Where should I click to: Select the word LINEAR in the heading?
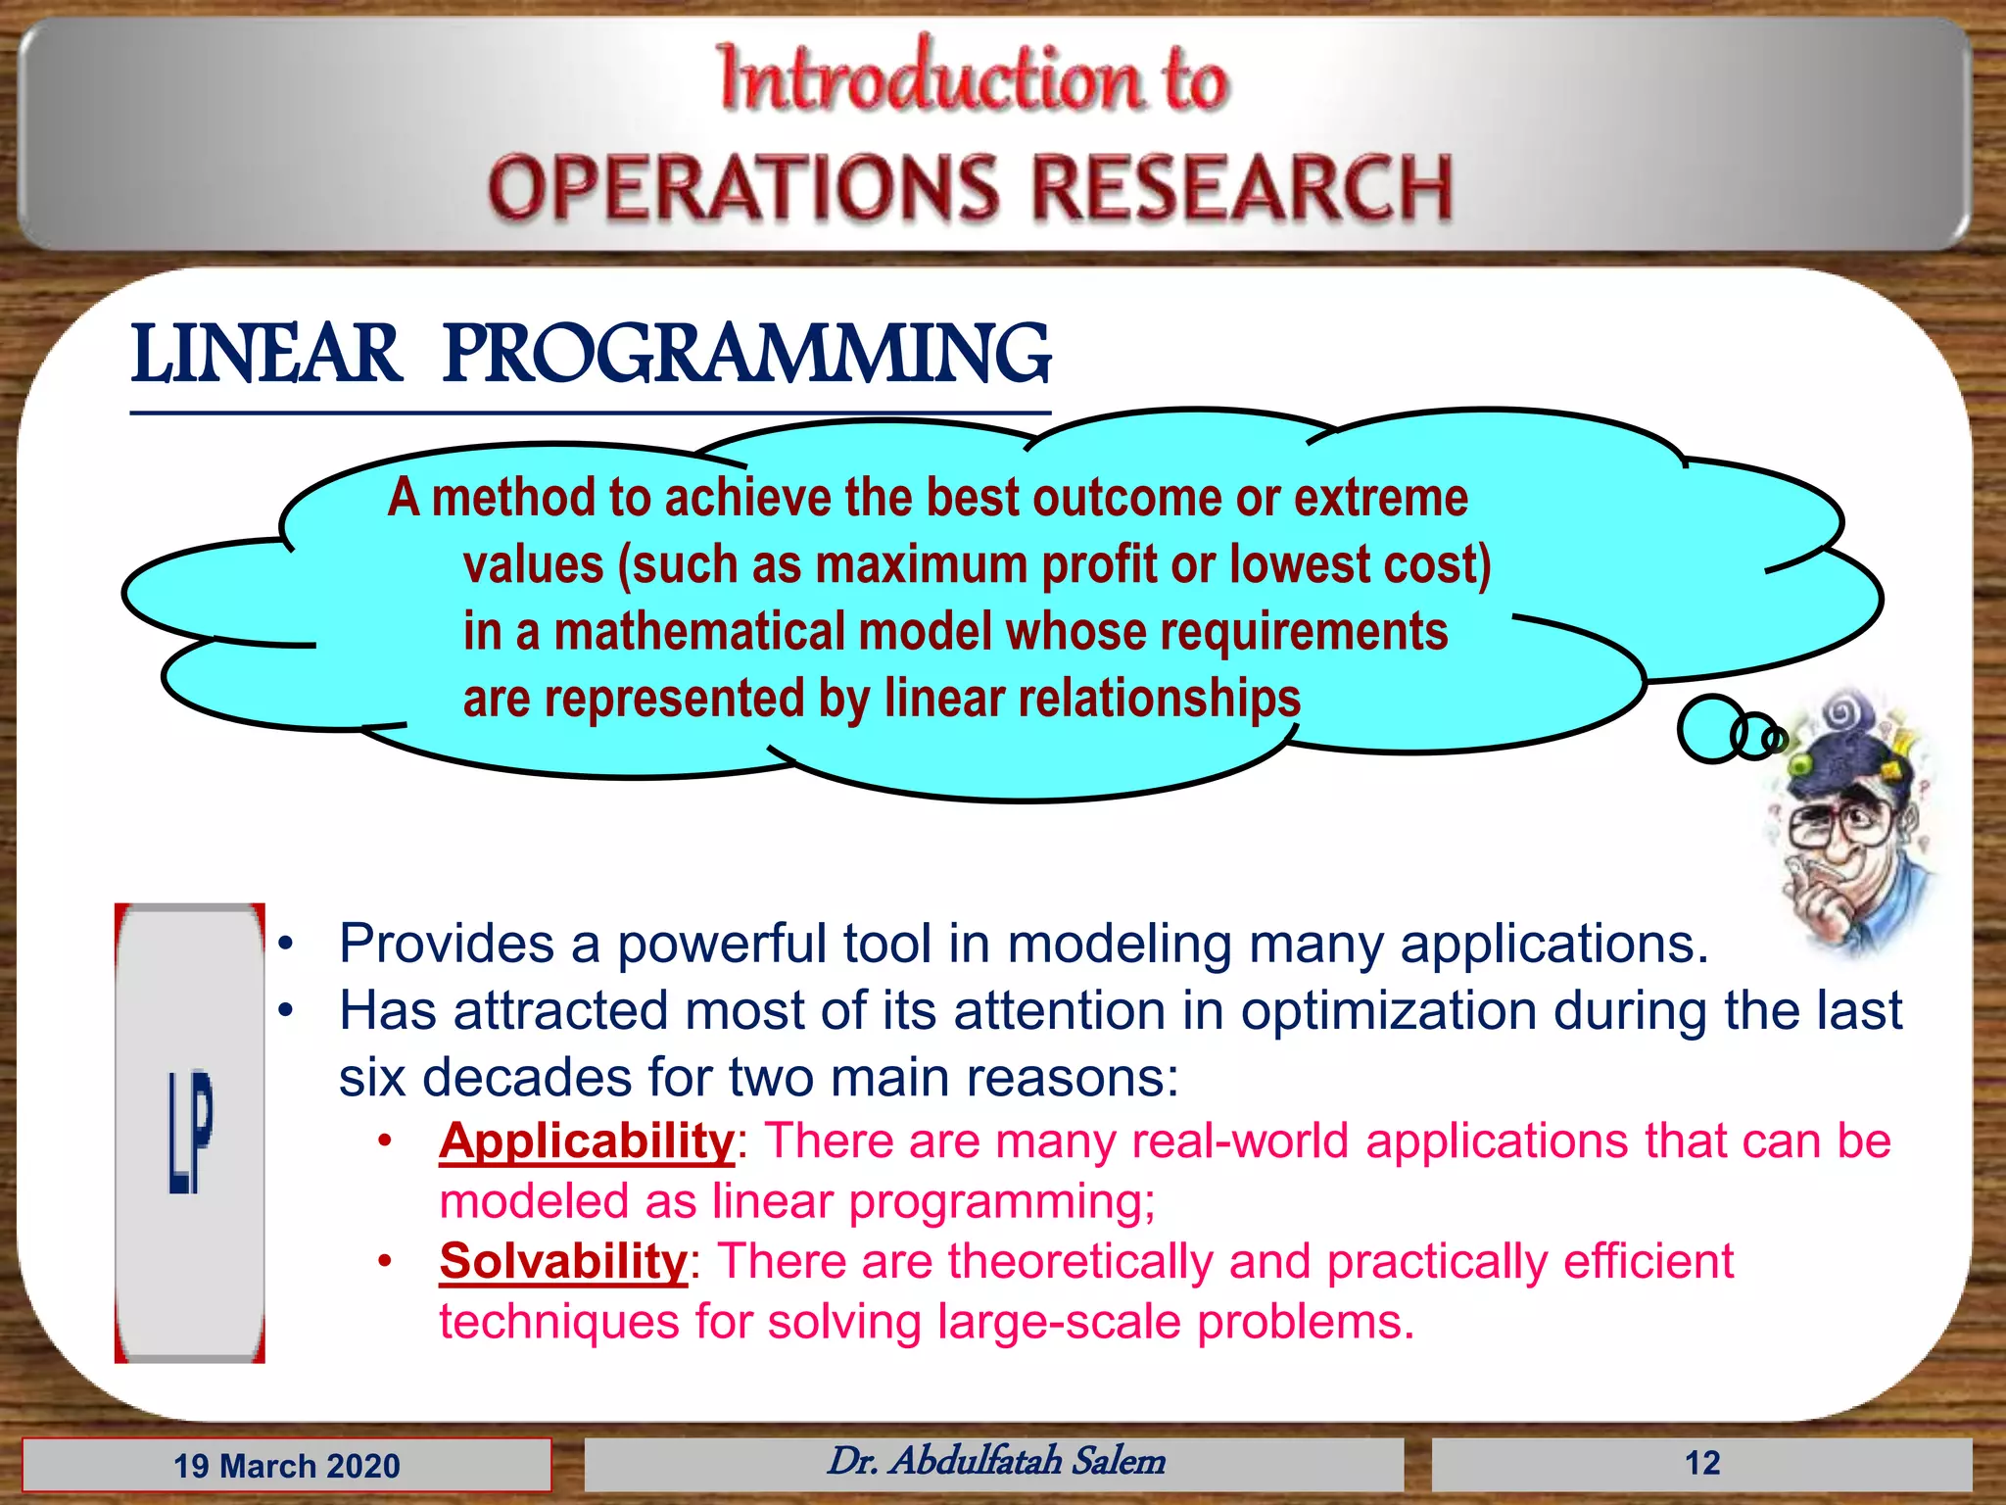pos(266,355)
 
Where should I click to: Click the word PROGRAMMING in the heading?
pos(746,355)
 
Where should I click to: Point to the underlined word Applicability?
pos(586,1141)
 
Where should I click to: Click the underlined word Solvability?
pos(563,1262)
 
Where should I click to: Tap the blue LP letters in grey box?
pos(190,1132)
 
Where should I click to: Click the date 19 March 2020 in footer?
pos(287,1466)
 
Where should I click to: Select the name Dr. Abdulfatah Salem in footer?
pos(996,1461)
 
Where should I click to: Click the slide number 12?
pos(1701,1463)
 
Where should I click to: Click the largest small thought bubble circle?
pos(1710,728)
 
